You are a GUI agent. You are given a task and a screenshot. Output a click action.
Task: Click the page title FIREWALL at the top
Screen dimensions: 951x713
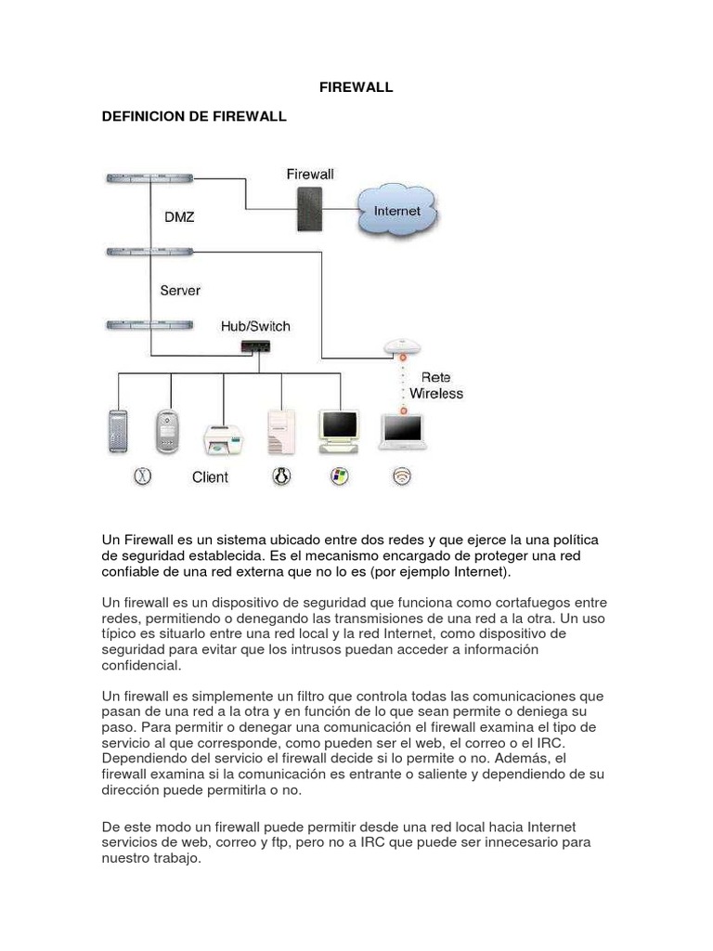pyautogui.click(x=356, y=87)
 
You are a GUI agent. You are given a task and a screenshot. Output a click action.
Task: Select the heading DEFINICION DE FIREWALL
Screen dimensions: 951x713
pyautogui.click(x=194, y=117)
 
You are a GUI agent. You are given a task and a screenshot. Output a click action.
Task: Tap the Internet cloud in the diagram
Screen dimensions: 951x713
pyautogui.click(x=396, y=212)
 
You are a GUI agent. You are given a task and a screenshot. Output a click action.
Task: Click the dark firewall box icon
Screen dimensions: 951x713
pyautogui.click(x=309, y=210)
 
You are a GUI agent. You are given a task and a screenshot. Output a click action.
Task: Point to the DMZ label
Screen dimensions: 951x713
pyautogui.click(x=179, y=216)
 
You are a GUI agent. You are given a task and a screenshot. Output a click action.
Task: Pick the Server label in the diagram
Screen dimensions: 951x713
pyautogui.click(x=180, y=291)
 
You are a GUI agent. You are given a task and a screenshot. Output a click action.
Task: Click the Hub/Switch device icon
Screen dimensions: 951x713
pyautogui.click(x=255, y=346)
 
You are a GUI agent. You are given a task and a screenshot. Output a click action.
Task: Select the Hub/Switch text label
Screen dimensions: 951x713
pyautogui.click(x=255, y=326)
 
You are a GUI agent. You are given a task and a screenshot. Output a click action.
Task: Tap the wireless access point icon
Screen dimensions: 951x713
pyautogui.click(x=403, y=347)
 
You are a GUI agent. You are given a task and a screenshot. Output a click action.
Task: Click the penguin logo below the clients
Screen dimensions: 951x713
pyautogui.click(x=282, y=476)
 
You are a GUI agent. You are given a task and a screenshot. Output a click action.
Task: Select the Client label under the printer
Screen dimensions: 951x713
pyautogui.click(x=210, y=477)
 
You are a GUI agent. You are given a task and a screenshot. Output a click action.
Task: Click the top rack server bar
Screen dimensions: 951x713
pyautogui.click(x=149, y=177)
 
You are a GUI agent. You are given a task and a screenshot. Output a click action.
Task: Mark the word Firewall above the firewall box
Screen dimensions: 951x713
pyautogui.click(x=310, y=174)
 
